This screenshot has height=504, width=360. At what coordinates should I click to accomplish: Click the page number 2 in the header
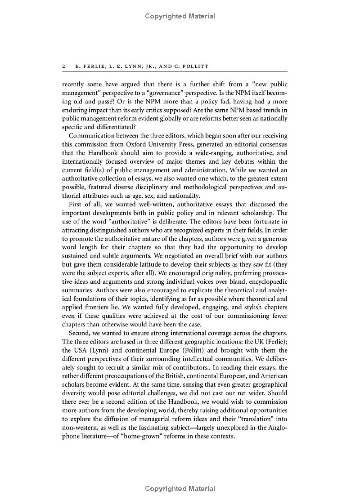point(64,66)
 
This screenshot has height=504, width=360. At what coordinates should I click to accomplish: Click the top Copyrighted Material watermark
point(180,16)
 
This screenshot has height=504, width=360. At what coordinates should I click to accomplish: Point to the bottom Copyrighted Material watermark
point(180,489)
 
